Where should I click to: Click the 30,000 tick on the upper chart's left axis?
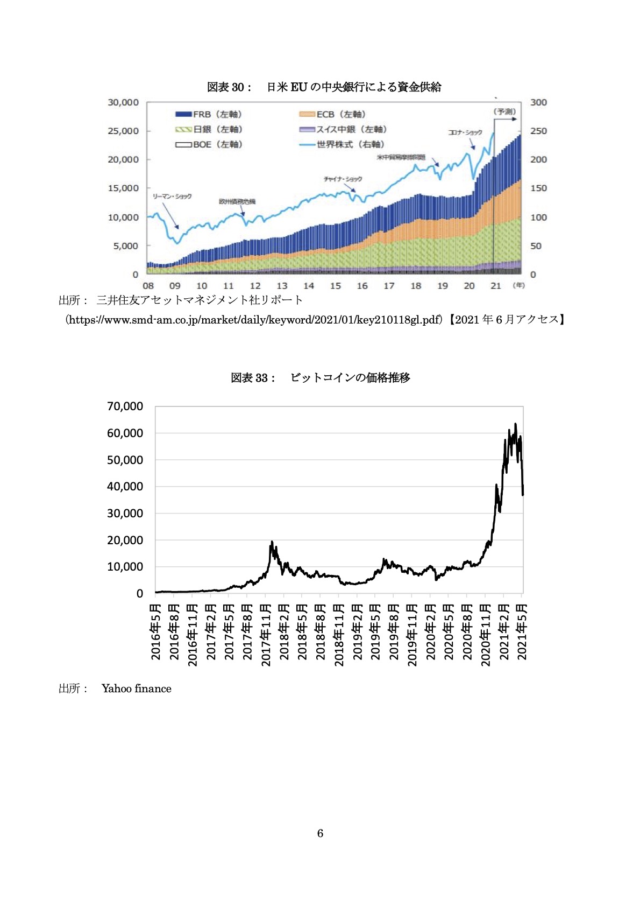(123, 102)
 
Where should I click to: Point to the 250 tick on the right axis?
(538, 131)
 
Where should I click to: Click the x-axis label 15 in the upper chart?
(335, 286)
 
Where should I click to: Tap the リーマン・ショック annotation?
(172, 196)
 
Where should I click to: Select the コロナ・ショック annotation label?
(465, 132)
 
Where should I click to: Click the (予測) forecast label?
(504, 111)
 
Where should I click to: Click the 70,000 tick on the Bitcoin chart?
(125, 406)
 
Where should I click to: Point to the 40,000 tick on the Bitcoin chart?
(125, 487)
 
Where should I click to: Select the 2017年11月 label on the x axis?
(266, 635)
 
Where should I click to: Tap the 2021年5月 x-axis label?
(522, 631)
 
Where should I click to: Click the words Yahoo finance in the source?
(137, 689)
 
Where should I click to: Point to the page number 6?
(320, 833)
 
